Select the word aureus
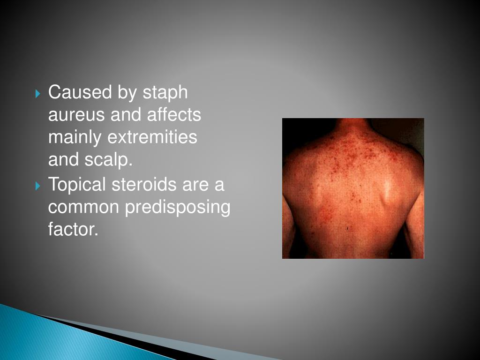tap(76, 115)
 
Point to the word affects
tap(175, 115)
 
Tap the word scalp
tap(109, 161)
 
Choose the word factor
tap(73, 230)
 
